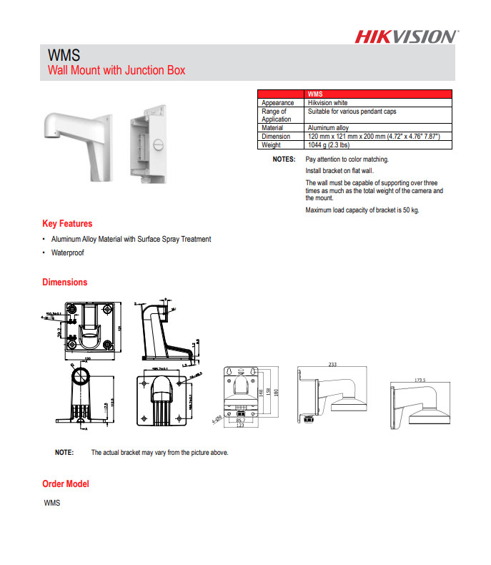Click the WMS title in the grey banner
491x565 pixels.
pyautogui.click(x=63, y=55)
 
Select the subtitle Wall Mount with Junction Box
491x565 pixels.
pyautogui.click(x=116, y=70)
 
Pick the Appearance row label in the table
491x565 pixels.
pyautogui.click(x=277, y=103)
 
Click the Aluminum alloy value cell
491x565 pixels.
pyautogui.click(x=328, y=128)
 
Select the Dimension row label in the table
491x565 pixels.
pyautogui.click(x=276, y=136)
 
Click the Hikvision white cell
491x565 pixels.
pyautogui.click(x=327, y=103)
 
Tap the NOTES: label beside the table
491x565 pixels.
pyautogui.click(x=284, y=159)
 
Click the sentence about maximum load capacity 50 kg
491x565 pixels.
pyautogui.click(x=362, y=210)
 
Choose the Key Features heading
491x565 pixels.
pyautogui.click(x=67, y=224)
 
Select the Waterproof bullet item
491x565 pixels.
pyautogui.click(x=67, y=253)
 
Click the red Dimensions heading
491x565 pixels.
pyautogui.click(x=64, y=282)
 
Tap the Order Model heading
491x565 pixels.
pyautogui.click(x=66, y=484)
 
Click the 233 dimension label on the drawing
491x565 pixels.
pyautogui.click(x=332, y=365)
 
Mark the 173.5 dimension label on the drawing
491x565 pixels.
pyautogui.click(x=420, y=380)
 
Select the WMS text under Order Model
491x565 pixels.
pyautogui.click(x=52, y=503)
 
